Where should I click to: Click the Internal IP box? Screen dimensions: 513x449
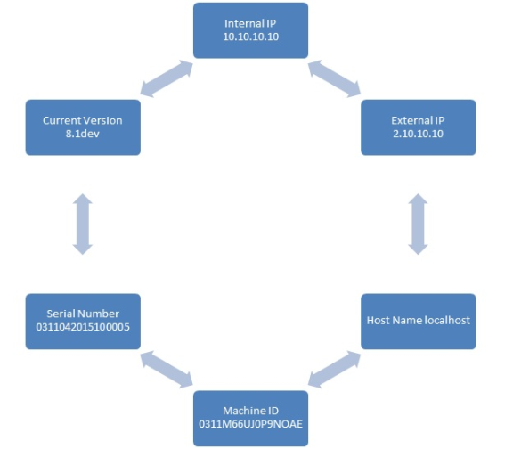(x=250, y=30)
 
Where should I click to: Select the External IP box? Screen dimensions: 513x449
(x=418, y=127)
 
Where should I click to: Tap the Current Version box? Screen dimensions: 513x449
(x=83, y=127)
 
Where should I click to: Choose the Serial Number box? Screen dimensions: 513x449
(x=83, y=322)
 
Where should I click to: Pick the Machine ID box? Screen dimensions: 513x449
(x=250, y=418)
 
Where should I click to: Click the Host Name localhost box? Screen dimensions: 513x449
(x=418, y=322)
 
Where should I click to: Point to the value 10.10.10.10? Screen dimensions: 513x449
(x=251, y=37)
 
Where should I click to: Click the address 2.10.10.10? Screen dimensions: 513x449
(x=418, y=134)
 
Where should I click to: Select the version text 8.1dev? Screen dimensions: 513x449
(x=83, y=134)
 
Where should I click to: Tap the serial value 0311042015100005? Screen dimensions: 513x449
(x=83, y=327)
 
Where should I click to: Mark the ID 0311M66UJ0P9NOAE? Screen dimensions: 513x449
(x=250, y=424)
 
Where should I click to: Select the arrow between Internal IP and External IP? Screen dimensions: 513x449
(x=334, y=79)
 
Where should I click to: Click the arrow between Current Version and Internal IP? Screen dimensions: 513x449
(x=167, y=79)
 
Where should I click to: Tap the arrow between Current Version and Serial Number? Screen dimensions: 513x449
(x=83, y=224)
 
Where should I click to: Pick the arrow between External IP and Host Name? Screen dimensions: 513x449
(x=418, y=224)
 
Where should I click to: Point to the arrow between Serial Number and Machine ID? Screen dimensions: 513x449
(x=167, y=370)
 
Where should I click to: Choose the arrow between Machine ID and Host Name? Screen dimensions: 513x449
(x=334, y=370)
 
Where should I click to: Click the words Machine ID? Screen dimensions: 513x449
(x=250, y=411)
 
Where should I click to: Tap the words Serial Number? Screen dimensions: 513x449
(x=83, y=314)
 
